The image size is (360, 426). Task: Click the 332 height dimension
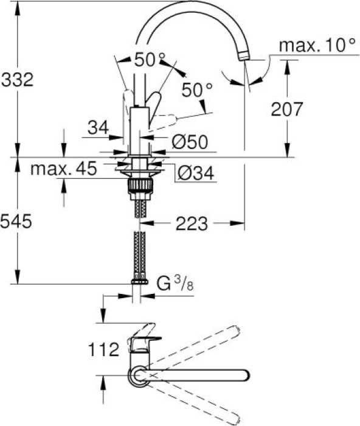[x=17, y=80]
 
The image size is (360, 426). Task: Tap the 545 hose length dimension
[x=16, y=221]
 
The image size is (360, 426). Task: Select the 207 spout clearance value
[x=286, y=109]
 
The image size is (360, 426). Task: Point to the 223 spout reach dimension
[x=192, y=224]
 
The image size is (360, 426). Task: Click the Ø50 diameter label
[x=190, y=142]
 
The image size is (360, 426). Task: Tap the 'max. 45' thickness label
[x=64, y=169]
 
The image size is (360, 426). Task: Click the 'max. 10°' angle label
[x=317, y=45]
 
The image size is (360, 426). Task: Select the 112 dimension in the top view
[x=104, y=349]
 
